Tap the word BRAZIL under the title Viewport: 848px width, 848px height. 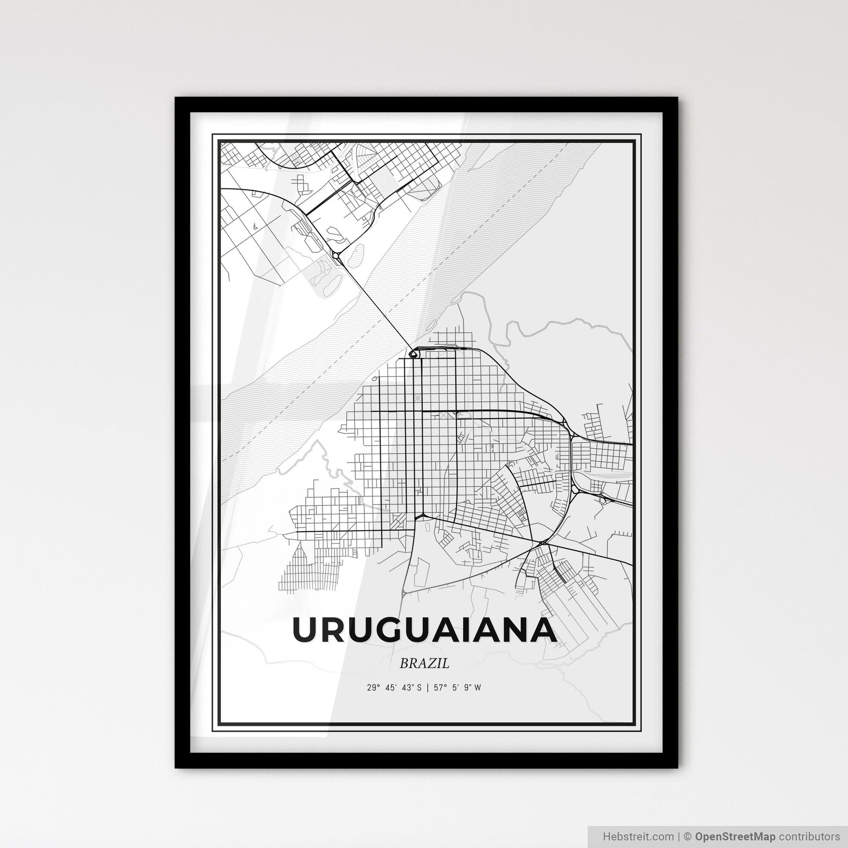424,664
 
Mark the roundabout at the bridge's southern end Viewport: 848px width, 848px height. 413,353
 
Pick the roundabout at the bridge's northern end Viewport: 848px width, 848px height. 337,257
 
